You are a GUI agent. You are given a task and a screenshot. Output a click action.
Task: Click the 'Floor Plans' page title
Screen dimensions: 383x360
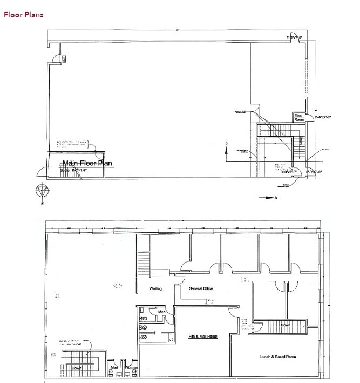tap(24, 15)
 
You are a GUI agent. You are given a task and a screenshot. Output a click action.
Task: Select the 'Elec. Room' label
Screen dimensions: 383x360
tap(299, 117)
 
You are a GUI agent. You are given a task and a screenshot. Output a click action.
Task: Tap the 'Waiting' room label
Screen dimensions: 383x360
tap(155, 289)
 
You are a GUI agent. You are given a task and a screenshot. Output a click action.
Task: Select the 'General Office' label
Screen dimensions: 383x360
tap(201, 289)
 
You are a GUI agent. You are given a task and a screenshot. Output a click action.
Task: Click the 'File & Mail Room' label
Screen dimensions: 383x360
tap(202, 337)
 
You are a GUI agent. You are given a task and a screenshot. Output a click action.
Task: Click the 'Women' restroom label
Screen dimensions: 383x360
tap(131, 368)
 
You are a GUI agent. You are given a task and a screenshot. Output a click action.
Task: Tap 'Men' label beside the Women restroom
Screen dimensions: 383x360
tap(114, 368)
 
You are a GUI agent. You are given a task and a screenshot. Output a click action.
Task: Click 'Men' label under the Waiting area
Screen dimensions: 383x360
tap(161, 312)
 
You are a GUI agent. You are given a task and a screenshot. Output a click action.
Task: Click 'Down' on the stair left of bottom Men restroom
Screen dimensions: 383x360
tap(77, 368)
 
